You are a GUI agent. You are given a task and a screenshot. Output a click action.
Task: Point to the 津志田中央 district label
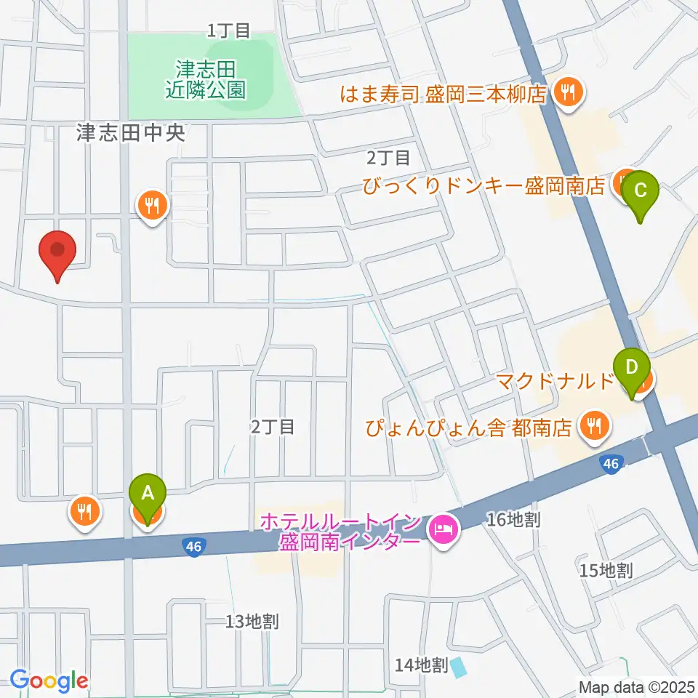[x=132, y=132]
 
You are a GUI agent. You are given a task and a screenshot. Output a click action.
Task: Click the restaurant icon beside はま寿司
[x=566, y=92]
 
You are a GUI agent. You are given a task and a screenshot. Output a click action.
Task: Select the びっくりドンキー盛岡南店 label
[x=484, y=186]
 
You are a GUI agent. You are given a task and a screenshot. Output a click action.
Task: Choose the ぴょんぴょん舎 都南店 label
[x=468, y=428]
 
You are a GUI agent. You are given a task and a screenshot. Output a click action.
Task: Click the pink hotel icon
[x=443, y=526]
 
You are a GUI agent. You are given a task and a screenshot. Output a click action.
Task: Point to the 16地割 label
[x=513, y=519]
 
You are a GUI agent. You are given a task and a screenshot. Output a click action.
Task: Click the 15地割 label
[x=606, y=570]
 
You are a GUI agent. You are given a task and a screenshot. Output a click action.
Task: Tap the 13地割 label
[x=252, y=622]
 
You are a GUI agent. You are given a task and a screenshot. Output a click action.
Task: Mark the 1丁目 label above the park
[x=228, y=31]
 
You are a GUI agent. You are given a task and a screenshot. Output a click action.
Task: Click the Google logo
[x=49, y=681]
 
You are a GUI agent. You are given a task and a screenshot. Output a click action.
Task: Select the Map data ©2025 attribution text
[x=636, y=686]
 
